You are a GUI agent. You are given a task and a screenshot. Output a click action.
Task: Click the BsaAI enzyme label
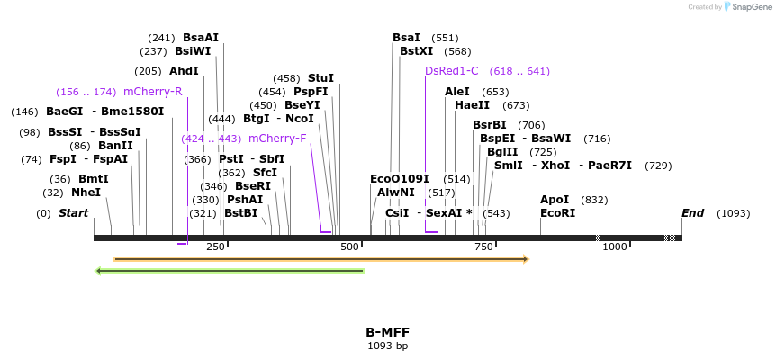(200, 38)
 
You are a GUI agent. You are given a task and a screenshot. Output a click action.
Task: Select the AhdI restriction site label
(184, 71)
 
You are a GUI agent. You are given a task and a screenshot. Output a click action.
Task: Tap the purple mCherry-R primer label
(153, 92)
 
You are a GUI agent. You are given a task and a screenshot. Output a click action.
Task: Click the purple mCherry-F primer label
(277, 139)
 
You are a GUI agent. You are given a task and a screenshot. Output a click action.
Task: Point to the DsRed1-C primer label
(452, 71)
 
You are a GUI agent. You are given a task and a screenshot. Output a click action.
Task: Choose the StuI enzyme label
(320, 78)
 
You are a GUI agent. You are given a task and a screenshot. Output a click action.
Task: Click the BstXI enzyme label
(416, 51)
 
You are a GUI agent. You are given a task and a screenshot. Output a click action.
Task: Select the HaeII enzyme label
(473, 105)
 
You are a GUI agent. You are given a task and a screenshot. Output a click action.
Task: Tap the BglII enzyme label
(502, 152)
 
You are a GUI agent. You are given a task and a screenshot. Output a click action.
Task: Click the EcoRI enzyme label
(557, 213)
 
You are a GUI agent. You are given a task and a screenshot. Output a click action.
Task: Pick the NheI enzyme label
(86, 193)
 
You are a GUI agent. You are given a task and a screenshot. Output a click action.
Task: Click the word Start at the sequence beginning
(73, 213)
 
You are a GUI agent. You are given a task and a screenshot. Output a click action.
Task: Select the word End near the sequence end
(692, 213)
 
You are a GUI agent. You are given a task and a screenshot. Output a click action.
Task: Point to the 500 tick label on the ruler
(349, 247)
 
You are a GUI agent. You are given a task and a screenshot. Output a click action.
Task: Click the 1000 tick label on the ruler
(615, 247)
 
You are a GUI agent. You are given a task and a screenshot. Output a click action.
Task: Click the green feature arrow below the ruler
(230, 270)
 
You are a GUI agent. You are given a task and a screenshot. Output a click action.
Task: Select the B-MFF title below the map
(387, 331)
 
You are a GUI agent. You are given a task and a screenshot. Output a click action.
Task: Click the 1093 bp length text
(387, 346)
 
